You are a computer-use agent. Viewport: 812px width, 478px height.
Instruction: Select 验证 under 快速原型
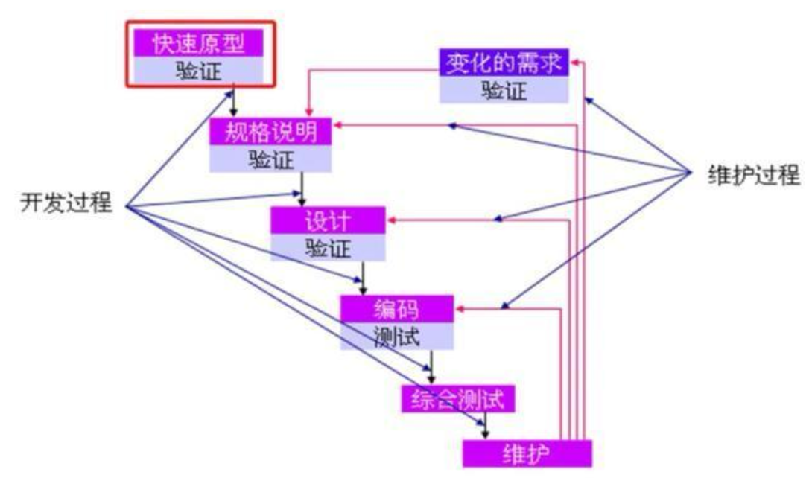tap(198, 71)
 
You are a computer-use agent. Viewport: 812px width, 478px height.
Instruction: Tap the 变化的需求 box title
tap(504, 63)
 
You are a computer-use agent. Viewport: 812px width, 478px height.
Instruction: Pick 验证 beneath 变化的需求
tap(504, 90)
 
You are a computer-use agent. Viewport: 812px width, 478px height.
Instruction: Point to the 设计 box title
tap(328, 221)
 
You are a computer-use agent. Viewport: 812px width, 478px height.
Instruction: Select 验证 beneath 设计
tap(328, 248)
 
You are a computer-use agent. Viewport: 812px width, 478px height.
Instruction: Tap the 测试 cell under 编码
tap(397, 337)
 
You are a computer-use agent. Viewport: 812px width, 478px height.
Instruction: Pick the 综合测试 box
tap(458, 400)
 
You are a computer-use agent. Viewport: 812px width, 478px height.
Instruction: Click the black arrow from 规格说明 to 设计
tap(302, 189)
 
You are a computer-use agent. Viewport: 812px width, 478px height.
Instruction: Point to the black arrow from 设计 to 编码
tap(364, 278)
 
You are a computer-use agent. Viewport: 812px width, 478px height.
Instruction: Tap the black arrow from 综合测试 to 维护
tap(486, 426)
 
